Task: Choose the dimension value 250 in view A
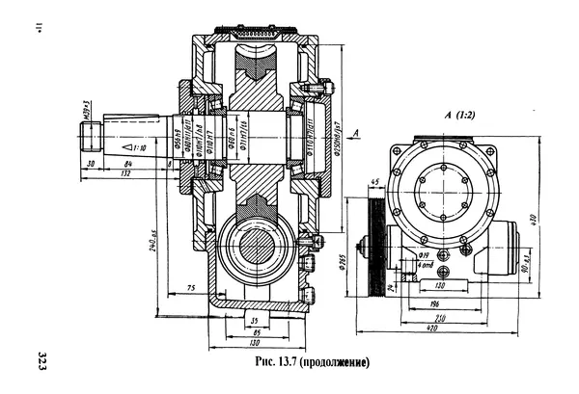click(x=439, y=318)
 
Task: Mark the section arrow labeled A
click(x=357, y=130)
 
